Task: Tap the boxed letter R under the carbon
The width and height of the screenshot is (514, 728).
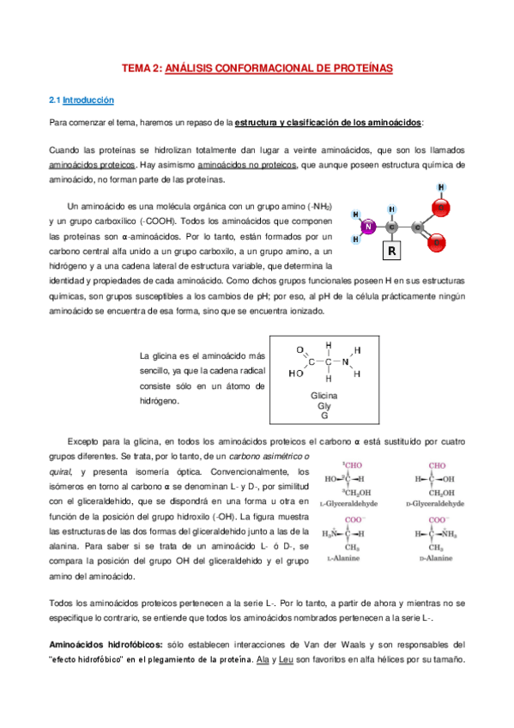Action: (391, 251)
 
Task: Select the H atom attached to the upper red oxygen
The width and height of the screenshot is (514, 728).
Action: (440, 187)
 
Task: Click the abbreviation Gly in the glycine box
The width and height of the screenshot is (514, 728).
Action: (324, 406)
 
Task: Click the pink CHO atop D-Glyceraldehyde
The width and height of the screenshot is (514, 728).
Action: (438, 465)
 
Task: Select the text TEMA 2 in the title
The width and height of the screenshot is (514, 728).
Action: (139, 68)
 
